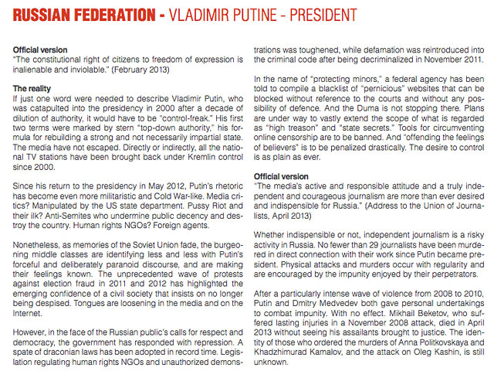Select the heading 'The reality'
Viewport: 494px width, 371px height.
click(x=35, y=89)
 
